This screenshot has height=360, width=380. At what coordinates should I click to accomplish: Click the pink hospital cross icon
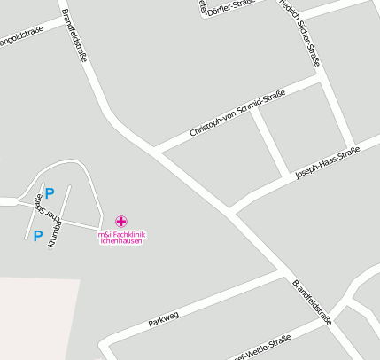coord(120,221)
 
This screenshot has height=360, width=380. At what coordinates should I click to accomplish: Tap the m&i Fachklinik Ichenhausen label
coord(121,237)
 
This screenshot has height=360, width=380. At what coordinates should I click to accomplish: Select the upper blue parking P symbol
coord(50,192)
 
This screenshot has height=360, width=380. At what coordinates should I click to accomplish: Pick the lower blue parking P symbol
coord(37,236)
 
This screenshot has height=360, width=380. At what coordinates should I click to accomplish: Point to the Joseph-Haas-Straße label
coord(328,164)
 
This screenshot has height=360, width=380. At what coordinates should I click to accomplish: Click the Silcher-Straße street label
coord(302,35)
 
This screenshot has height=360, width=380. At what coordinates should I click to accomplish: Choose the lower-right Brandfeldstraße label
coord(312,302)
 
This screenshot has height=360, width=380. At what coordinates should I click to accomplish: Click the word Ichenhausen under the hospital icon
coord(121,241)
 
